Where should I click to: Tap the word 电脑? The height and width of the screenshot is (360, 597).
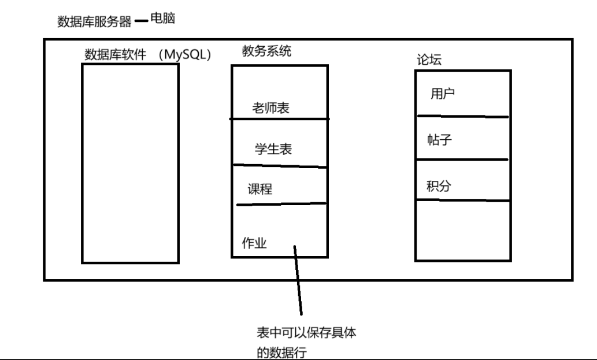(x=162, y=19)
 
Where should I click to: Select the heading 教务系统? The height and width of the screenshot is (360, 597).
(x=266, y=51)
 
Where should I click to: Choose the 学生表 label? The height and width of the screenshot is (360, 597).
(x=273, y=149)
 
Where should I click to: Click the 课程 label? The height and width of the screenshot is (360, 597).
(x=260, y=189)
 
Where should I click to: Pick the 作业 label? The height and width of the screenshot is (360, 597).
(x=254, y=243)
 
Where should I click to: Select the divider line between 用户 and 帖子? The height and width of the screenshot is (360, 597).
(x=462, y=116)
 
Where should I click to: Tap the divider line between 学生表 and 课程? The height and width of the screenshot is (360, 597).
(x=280, y=166)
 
